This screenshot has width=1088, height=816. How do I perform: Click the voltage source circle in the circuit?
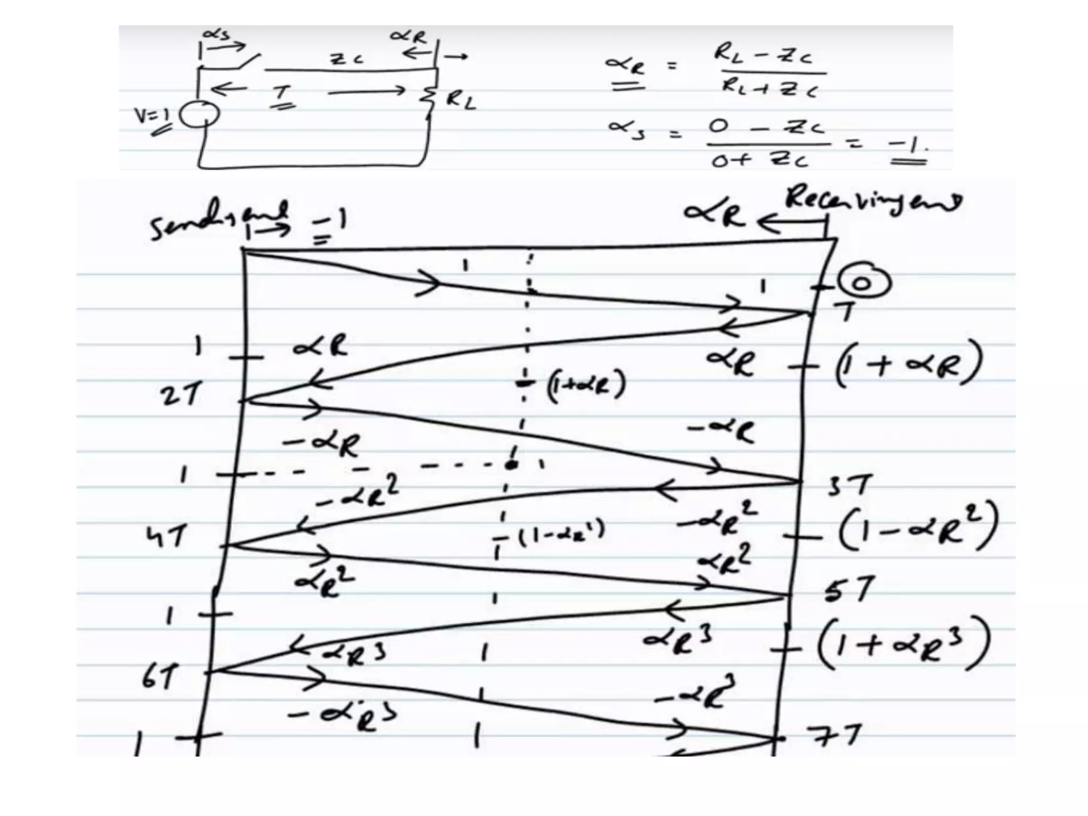pos(199,115)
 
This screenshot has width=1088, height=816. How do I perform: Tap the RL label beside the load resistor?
pos(460,101)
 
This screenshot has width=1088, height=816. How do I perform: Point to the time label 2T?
pos(181,396)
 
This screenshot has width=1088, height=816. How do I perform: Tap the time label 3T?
pos(849,486)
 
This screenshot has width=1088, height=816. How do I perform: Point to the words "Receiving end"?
pos(873,200)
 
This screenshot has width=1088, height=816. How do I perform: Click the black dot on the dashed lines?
pos(511,465)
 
